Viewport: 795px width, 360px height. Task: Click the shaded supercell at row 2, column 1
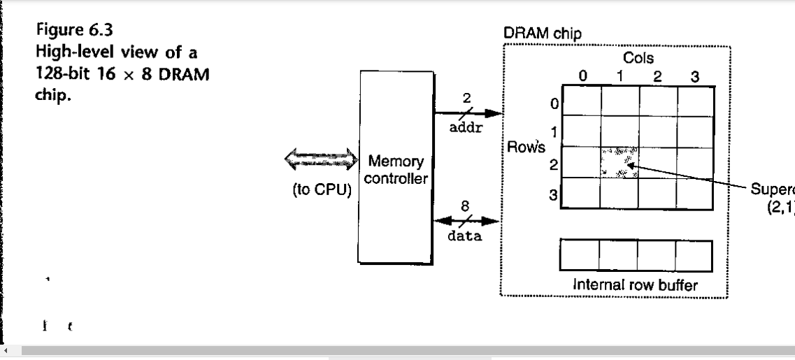pyautogui.click(x=619, y=162)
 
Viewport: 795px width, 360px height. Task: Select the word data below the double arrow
pyautogui.click(x=465, y=236)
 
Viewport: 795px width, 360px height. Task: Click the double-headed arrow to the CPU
pyautogui.click(x=320, y=161)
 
